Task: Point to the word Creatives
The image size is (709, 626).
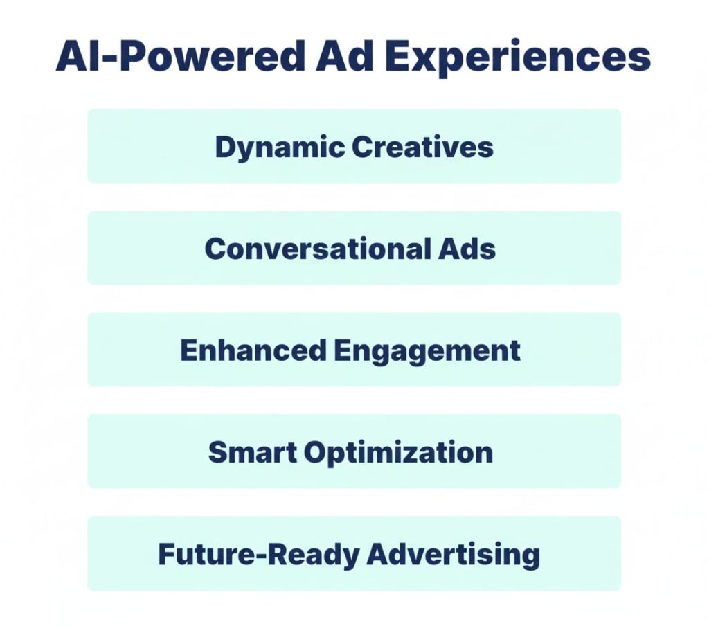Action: click(x=422, y=146)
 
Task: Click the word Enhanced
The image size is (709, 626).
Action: click(x=252, y=350)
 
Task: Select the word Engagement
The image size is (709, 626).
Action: click(x=427, y=351)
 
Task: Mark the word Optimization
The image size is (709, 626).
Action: click(x=398, y=453)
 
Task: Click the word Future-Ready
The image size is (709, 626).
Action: click(x=257, y=554)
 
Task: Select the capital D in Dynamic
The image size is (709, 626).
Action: click(x=223, y=146)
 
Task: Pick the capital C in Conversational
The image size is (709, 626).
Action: click(x=214, y=248)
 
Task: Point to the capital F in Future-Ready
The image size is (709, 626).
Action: click(x=166, y=554)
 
